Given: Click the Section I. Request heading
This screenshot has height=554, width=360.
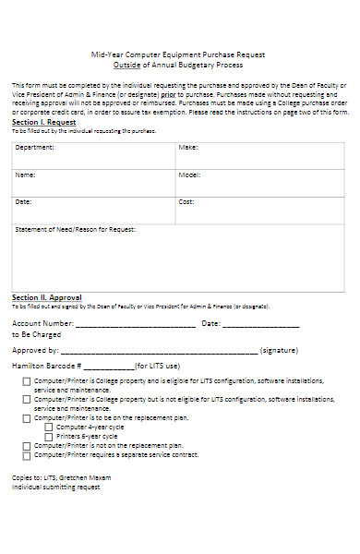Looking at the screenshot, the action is click(x=43, y=122).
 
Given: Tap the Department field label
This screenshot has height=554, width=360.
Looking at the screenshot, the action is click(x=35, y=148).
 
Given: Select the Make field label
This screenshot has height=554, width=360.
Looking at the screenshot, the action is click(x=188, y=148).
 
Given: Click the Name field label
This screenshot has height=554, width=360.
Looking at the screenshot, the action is click(x=25, y=175).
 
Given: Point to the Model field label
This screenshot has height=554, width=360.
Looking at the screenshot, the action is click(x=189, y=175).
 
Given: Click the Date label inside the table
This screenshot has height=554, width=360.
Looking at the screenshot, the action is click(x=23, y=201).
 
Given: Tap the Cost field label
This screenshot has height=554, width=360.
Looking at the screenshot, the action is click(x=186, y=201).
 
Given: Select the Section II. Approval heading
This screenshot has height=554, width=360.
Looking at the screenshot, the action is click(x=47, y=297).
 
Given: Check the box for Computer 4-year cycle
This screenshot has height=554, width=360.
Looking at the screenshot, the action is click(x=49, y=427).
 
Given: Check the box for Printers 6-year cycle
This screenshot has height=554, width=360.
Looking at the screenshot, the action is click(x=49, y=436).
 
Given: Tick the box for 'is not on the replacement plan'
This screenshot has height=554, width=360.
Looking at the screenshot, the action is click(x=27, y=445).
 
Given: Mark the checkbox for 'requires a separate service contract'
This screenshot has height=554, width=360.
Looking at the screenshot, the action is click(x=27, y=454).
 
